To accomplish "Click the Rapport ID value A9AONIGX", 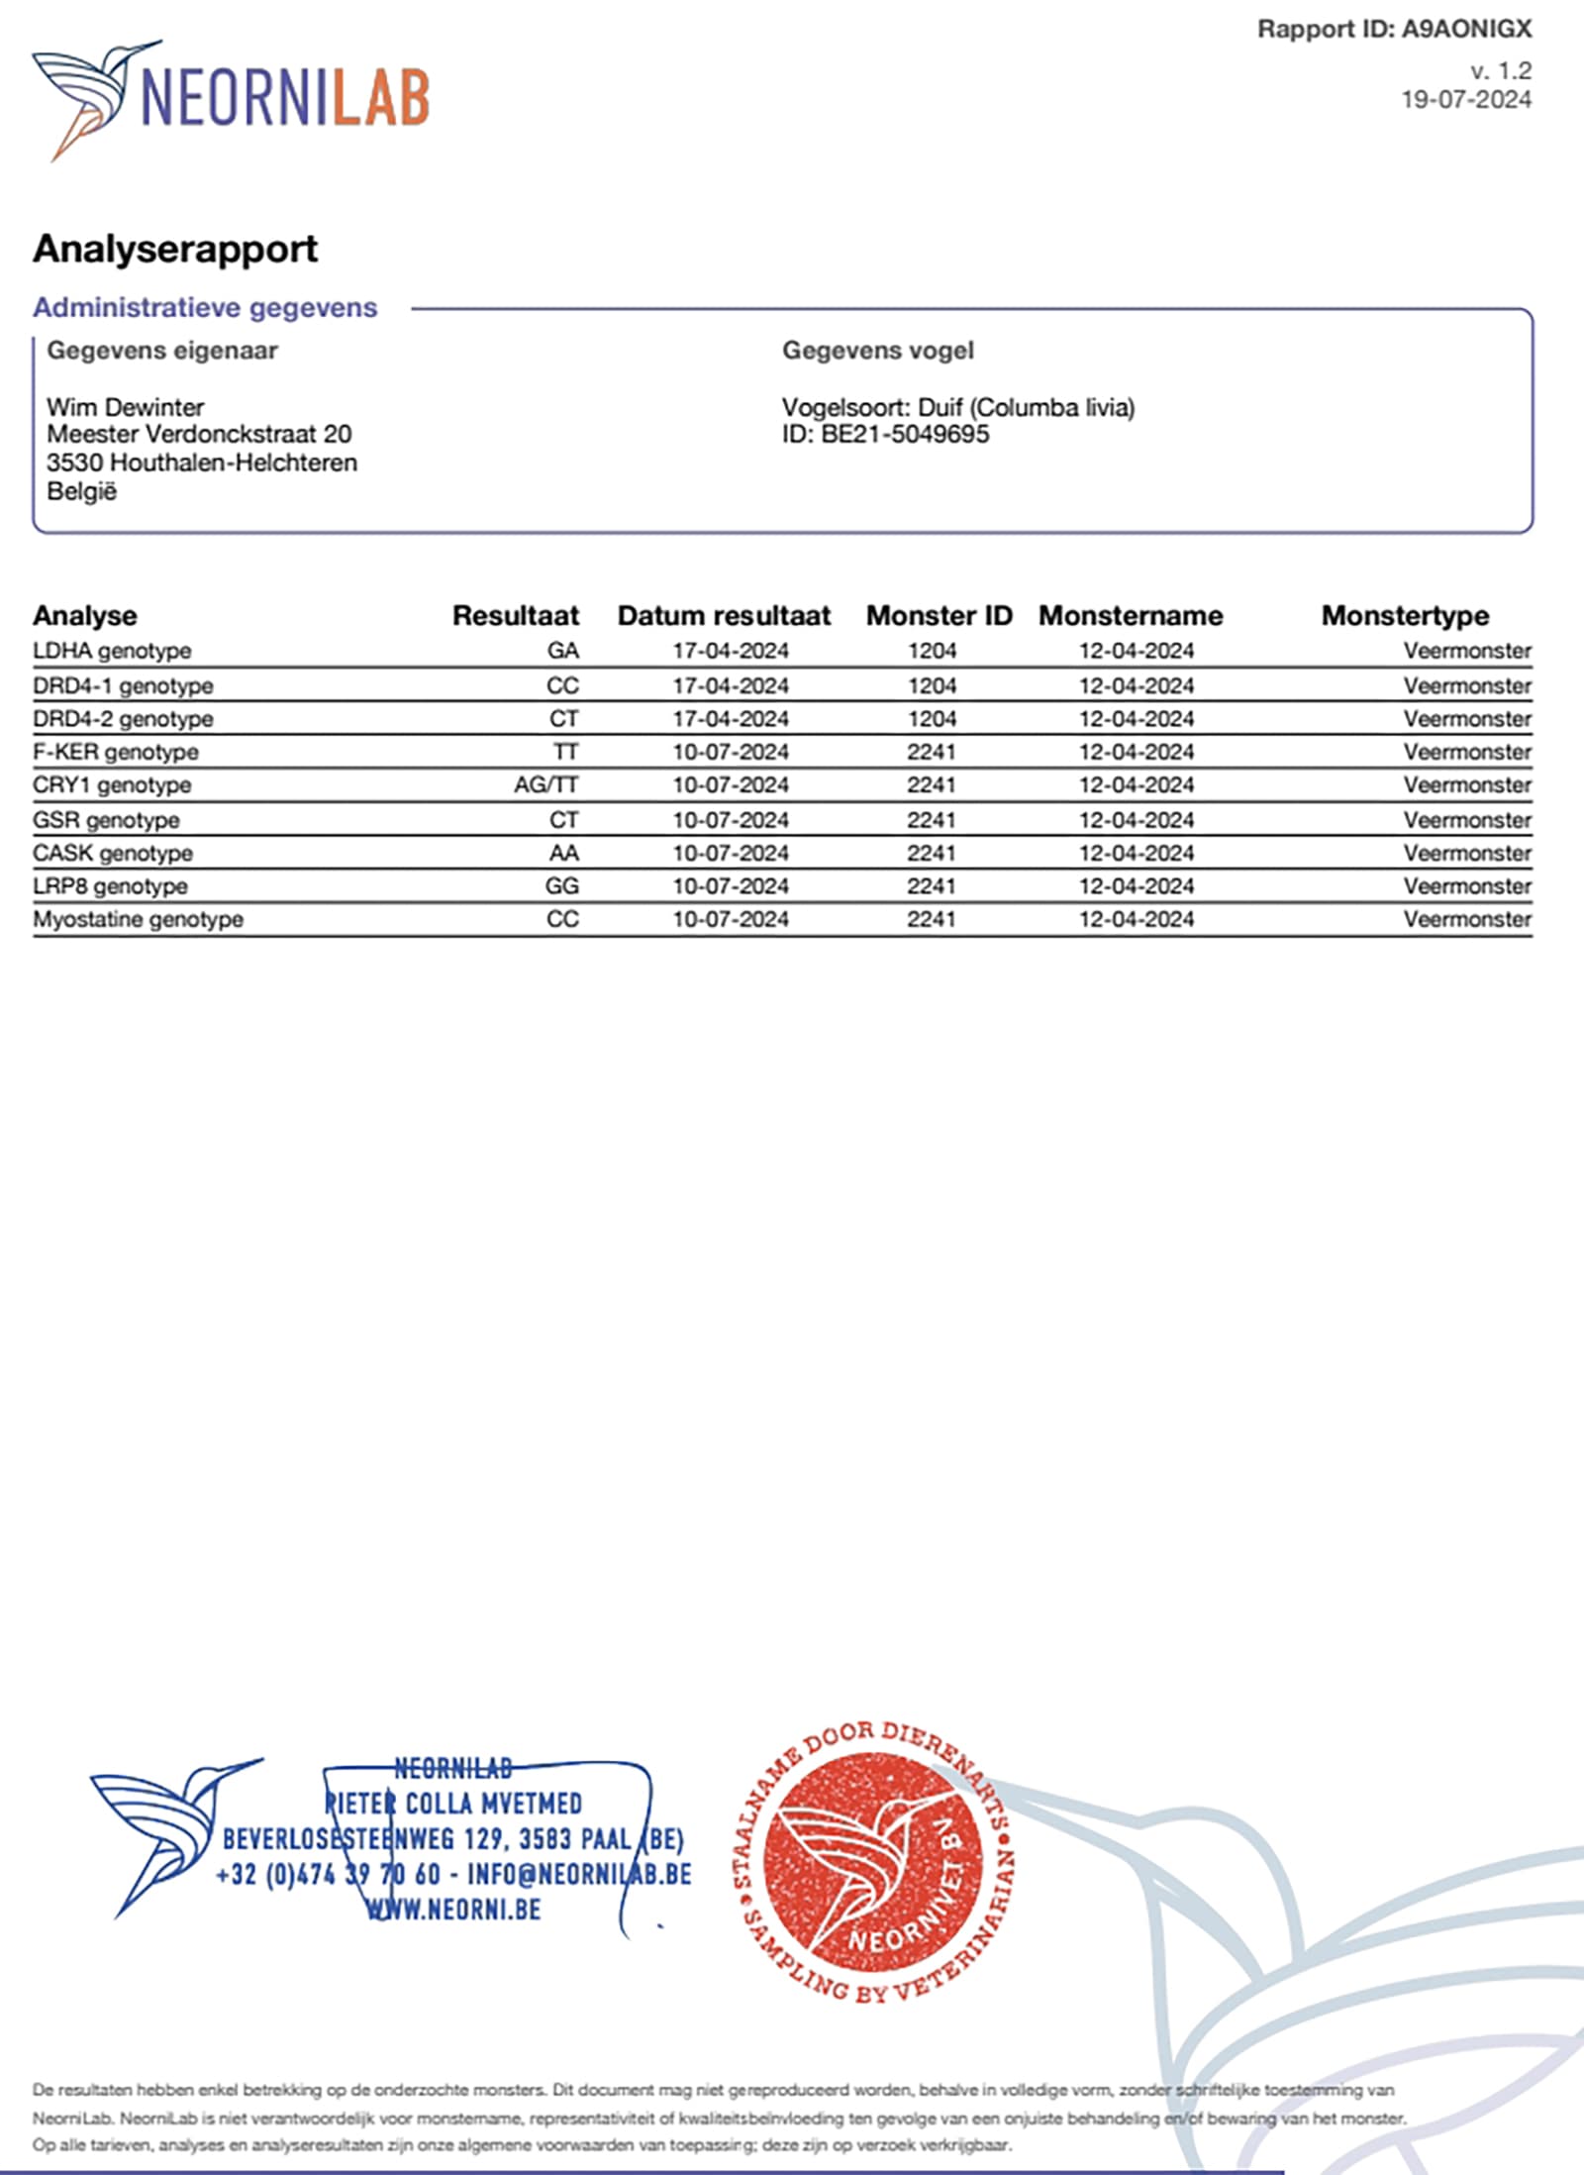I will point(1466,30).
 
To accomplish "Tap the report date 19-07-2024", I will point(1465,100).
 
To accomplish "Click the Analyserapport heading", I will point(175,249).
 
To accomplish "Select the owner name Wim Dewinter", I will point(125,407).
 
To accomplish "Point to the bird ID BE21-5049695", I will point(904,435).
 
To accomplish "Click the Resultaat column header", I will point(515,615).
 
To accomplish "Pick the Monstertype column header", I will point(1404,615).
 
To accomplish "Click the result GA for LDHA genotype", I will point(562,651).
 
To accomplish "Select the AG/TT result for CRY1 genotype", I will point(545,785).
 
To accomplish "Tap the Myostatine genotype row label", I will point(138,919).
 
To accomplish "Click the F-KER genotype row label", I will point(115,752).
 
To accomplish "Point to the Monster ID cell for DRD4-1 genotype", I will point(932,685).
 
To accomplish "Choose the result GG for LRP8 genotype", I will point(561,886).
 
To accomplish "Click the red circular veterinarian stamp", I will point(875,1862).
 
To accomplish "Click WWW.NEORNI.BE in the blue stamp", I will point(453,1909).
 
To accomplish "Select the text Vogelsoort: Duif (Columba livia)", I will point(957,407).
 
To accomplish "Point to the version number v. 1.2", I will point(1500,71).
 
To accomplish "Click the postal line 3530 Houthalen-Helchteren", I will point(202,463).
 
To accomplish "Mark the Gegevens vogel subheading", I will point(877,351).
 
